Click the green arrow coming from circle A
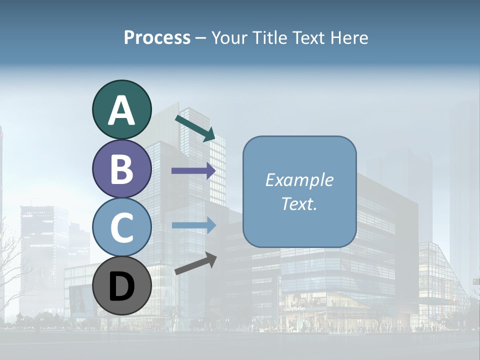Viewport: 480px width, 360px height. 195,127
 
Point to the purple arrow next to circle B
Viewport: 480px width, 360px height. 193,171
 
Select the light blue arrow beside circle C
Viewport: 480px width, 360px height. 193,225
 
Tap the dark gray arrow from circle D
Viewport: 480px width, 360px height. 195,263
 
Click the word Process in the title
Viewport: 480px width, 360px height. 157,37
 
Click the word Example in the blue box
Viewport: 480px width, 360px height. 299,180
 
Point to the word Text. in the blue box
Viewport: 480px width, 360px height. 299,204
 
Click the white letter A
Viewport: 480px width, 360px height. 121,111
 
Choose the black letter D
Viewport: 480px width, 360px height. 121,287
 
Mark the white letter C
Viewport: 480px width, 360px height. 121,228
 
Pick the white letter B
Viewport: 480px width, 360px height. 121,169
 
